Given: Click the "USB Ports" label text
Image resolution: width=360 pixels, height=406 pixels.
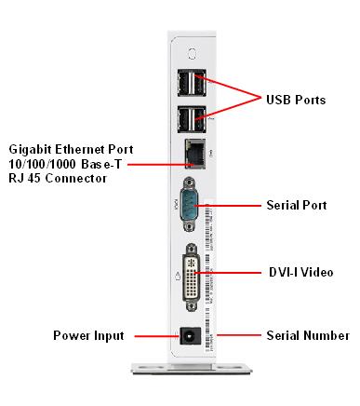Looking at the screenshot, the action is click(296, 100).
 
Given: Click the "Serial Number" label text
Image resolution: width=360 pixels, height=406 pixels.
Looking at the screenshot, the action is click(307, 335).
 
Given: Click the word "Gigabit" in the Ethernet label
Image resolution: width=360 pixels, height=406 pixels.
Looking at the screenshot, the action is click(31, 149).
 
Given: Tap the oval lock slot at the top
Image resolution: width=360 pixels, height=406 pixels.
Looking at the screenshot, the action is click(193, 53).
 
